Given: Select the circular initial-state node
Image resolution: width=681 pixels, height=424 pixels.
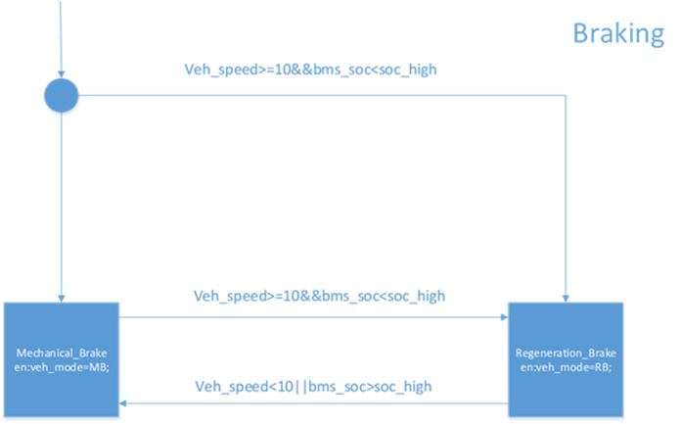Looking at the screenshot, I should pyautogui.click(x=61, y=95).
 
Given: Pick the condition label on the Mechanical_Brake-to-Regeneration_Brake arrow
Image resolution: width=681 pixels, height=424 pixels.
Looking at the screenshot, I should pyautogui.click(x=321, y=295).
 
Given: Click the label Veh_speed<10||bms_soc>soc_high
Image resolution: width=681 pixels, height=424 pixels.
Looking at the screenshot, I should pyautogui.click(x=312, y=387).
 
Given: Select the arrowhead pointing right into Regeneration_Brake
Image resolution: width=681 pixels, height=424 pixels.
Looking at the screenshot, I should pyautogui.click(x=502, y=316).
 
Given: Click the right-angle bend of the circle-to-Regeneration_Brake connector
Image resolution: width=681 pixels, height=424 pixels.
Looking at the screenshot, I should pyautogui.click(x=567, y=95).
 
